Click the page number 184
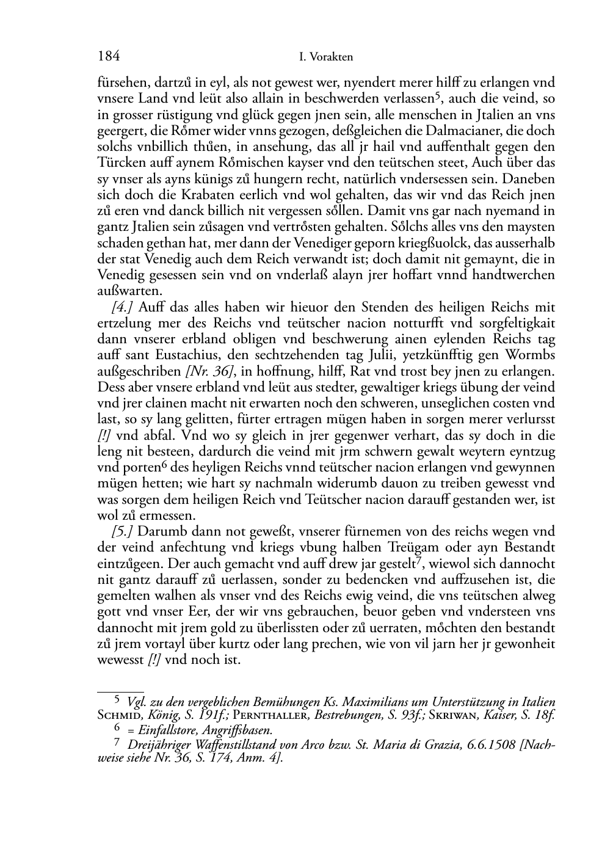(x=109, y=57)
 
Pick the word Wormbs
(x=531, y=355)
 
